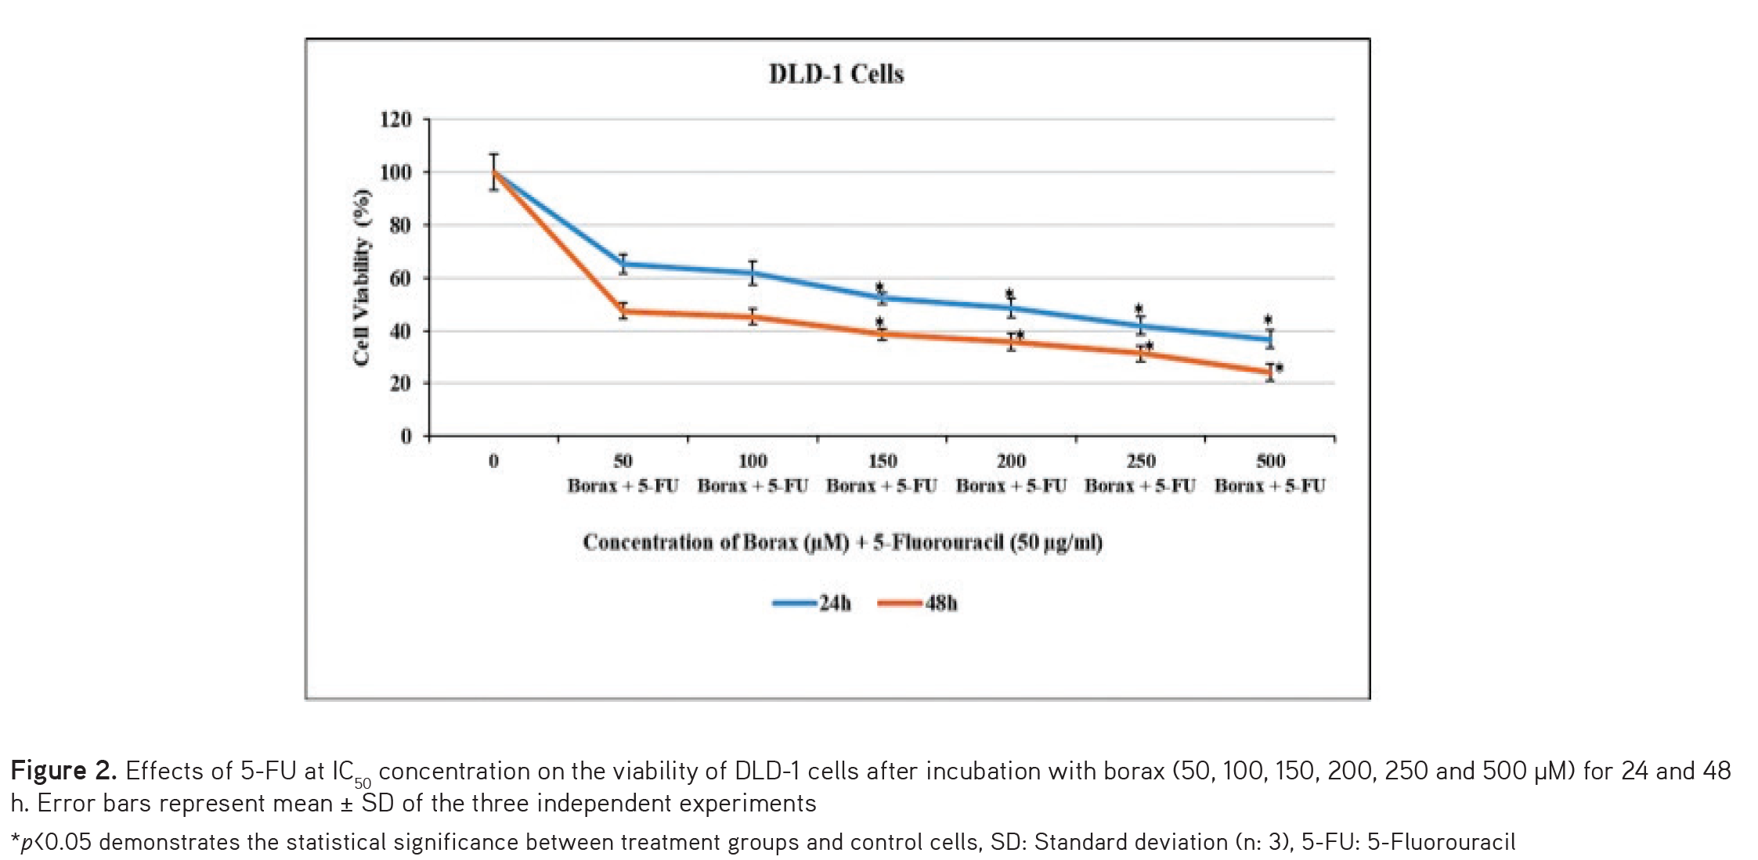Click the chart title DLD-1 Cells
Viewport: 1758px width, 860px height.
pos(836,74)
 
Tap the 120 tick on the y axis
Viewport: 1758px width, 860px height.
pos(395,120)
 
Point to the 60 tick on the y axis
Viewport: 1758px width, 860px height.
pos(399,279)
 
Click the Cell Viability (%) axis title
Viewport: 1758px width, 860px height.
pos(362,278)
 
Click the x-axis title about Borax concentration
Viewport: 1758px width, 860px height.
pos(843,542)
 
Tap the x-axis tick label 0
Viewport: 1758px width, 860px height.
pos(493,461)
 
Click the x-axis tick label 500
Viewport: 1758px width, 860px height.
pos(1270,461)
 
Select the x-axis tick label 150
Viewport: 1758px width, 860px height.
pos(882,461)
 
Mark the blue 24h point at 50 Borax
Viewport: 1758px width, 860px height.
pos(623,264)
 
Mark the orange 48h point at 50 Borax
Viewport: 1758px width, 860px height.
pos(623,311)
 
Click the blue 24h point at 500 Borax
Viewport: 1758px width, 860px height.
pos(1270,339)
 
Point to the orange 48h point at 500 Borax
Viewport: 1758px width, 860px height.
pos(1270,372)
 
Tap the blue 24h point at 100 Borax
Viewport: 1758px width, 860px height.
pos(753,273)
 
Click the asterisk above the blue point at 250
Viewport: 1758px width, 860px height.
pos(1139,309)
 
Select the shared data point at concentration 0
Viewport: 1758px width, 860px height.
pos(493,172)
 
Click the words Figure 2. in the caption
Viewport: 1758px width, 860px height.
pos(63,772)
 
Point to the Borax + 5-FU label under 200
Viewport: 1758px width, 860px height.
pos(1011,486)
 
